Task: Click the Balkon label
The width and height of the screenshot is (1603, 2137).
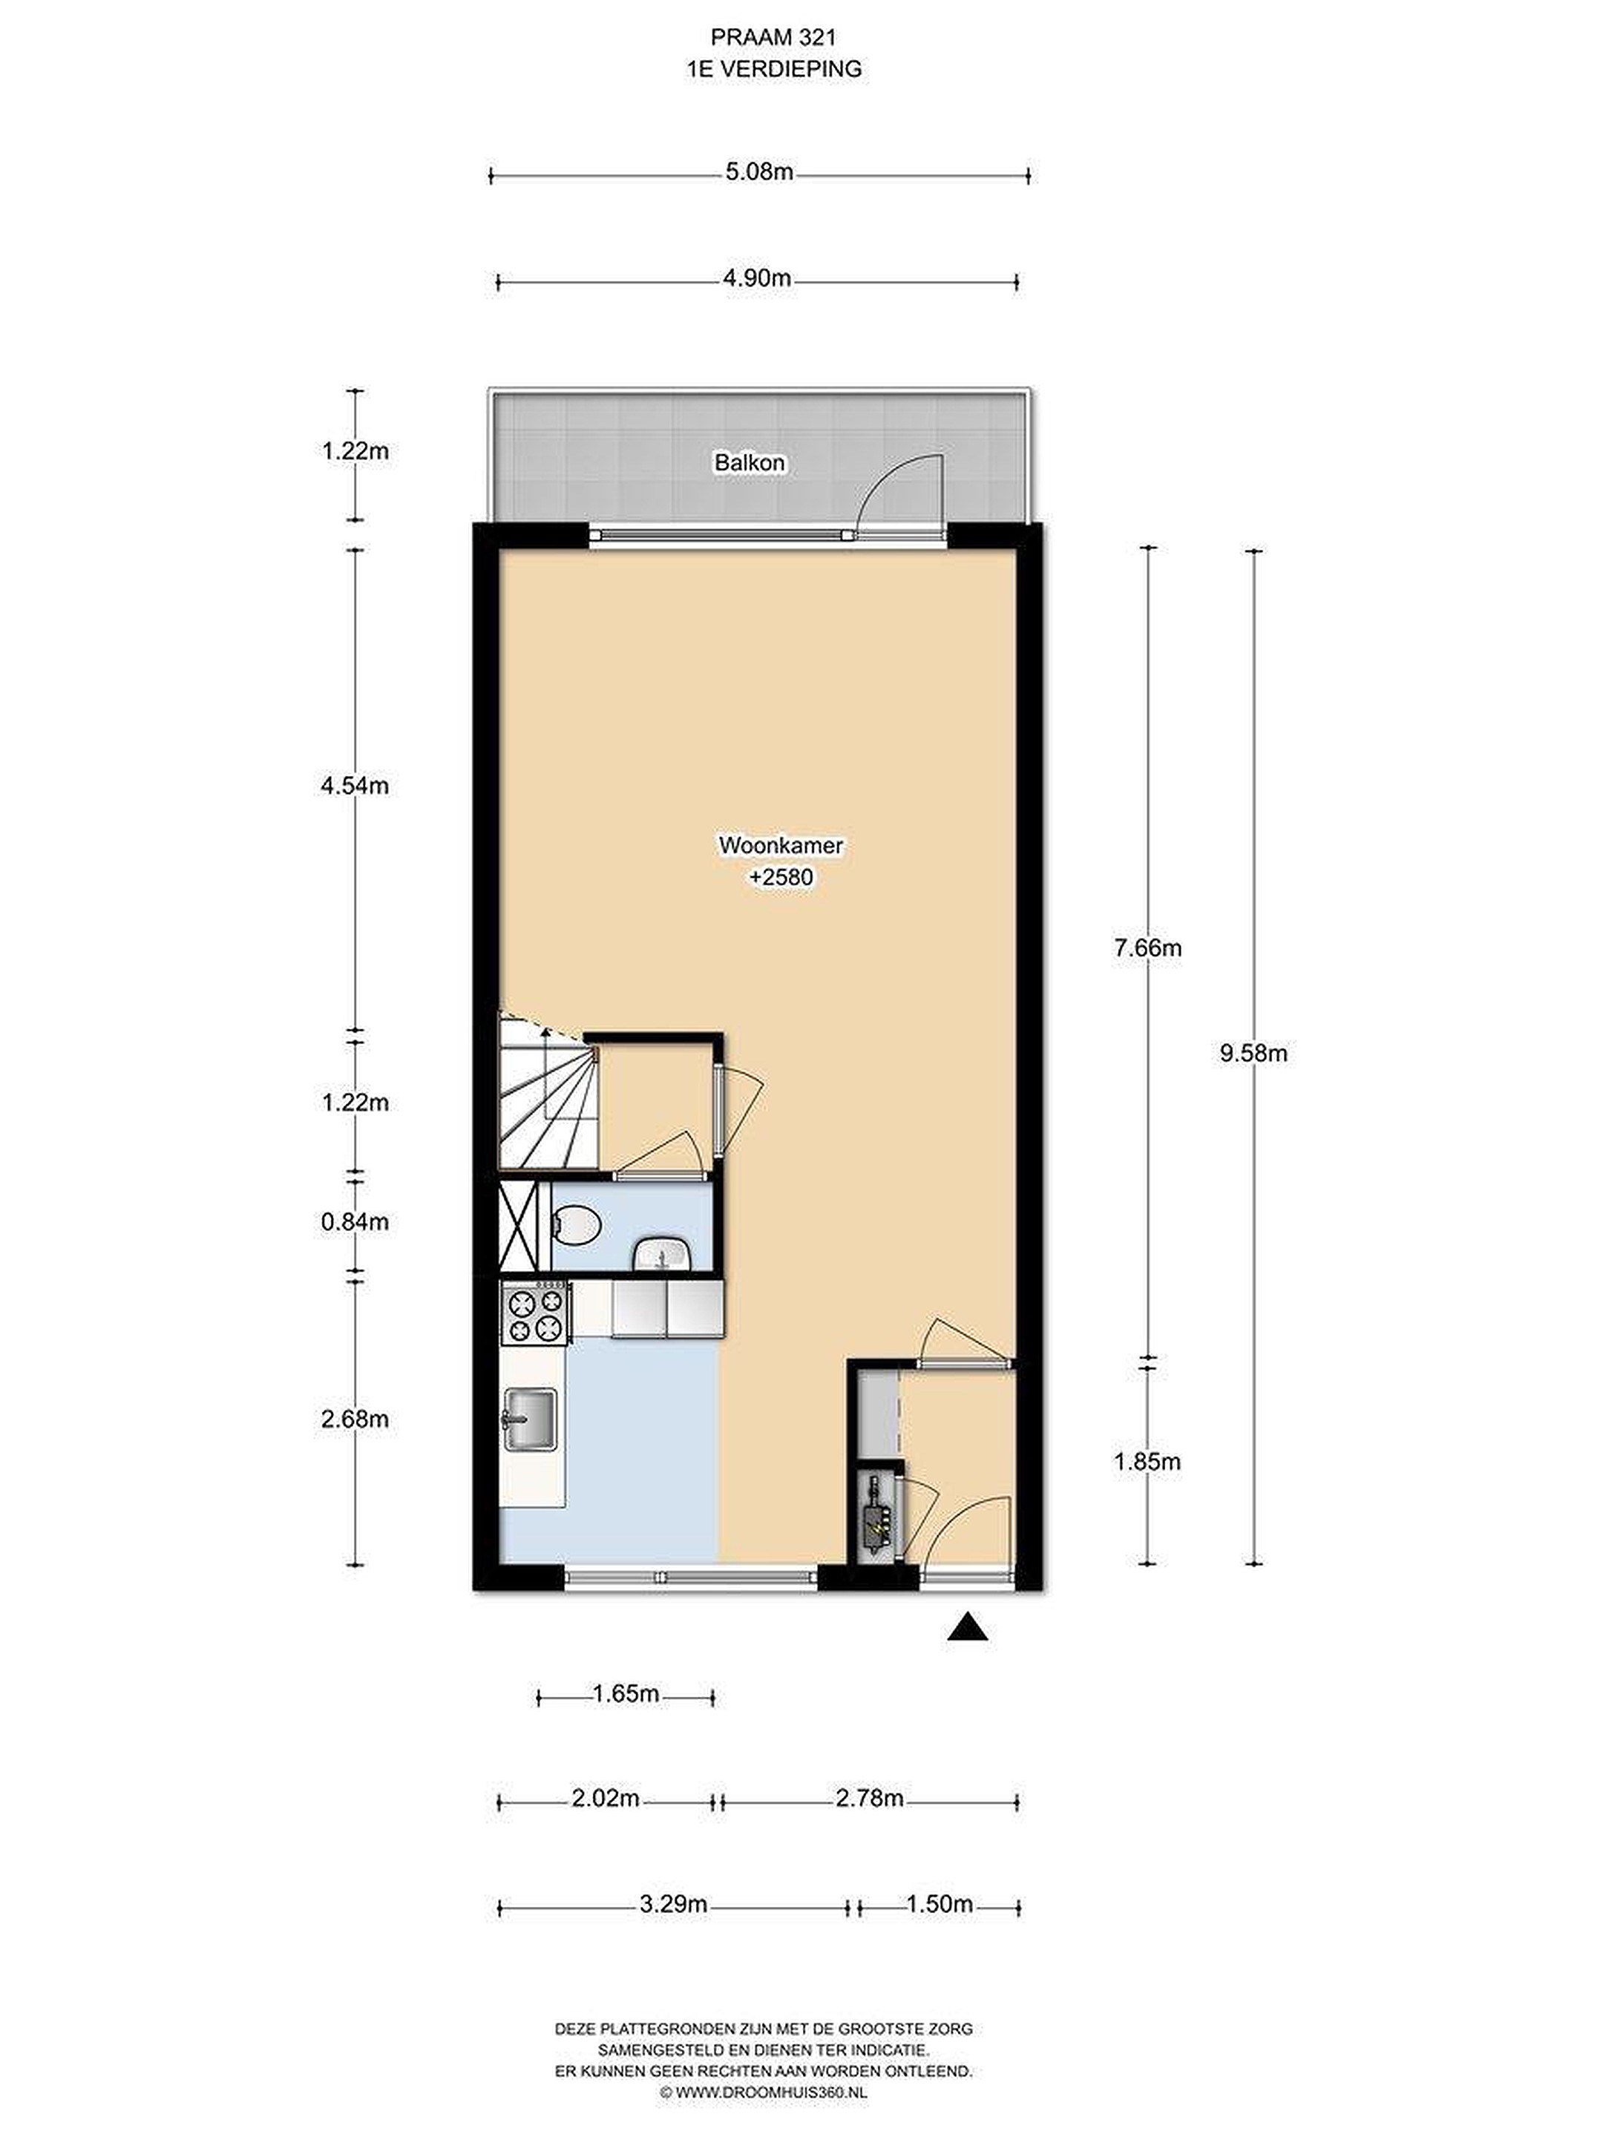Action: [749, 463]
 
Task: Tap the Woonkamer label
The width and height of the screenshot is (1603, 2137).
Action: [781, 845]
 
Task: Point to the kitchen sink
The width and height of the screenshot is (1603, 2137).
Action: [528, 1419]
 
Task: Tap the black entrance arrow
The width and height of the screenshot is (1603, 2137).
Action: [967, 1629]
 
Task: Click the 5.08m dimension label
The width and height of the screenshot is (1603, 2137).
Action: [759, 172]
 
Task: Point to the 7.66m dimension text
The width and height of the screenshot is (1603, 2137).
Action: [1147, 948]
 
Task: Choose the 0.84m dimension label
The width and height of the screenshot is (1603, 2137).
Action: [355, 1222]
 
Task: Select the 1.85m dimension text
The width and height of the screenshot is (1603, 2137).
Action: [1147, 1462]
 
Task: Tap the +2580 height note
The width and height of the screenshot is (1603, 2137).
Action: [781, 877]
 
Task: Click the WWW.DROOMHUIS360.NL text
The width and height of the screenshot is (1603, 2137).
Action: [764, 2092]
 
